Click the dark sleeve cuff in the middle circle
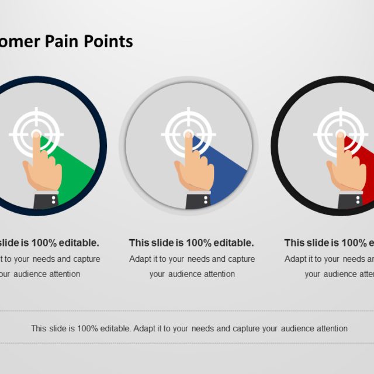coord(198,200)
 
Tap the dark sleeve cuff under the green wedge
coord(46,200)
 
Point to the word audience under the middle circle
coord(183,273)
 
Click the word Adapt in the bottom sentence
coord(144,328)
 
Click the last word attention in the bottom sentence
coord(330,328)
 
